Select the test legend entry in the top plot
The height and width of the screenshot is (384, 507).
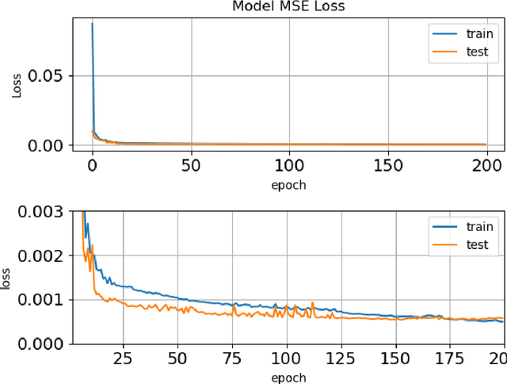pyautogui.click(x=467, y=54)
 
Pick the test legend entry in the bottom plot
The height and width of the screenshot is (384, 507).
pyautogui.click(x=467, y=245)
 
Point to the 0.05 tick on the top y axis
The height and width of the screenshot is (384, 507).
pyautogui.click(x=46, y=76)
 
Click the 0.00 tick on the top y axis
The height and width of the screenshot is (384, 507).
pyautogui.click(x=46, y=145)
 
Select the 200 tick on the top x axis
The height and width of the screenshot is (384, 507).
pyautogui.click(x=486, y=166)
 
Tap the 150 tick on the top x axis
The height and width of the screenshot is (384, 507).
pyautogui.click(x=387, y=166)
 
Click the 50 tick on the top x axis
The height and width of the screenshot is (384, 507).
pyautogui.click(x=191, y=166)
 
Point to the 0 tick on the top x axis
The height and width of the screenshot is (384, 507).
pyautogui.click(x=93, y=166)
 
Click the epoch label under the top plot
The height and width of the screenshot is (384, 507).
pyautogui.click(x=289, y=186)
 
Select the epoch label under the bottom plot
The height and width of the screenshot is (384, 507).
pyautogui.click(x=289, y=377)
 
